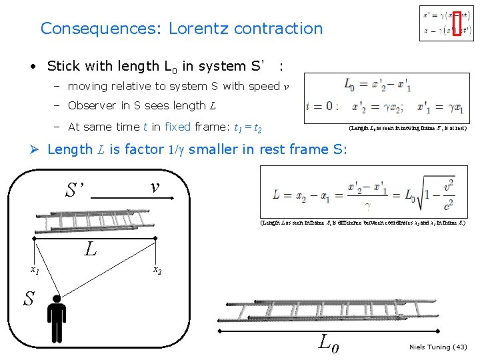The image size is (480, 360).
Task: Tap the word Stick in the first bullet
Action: click(63, 66)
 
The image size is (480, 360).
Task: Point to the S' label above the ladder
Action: click(75, 190)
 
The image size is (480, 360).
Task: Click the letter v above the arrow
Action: click(155, 187)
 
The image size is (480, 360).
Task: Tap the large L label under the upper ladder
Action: click(91, 249)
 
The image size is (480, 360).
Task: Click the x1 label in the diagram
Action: click(35, 270)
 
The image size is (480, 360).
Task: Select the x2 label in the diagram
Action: click(157, 270)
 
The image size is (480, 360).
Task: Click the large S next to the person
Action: click(29, 299)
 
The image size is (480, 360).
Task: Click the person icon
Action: click(58, 321)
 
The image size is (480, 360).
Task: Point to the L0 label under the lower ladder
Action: click(329, 343)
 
